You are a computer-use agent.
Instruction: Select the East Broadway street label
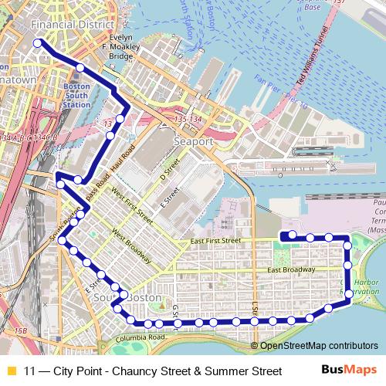[x=291, y=269]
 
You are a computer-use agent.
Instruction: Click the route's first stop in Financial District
[x=38, y=43]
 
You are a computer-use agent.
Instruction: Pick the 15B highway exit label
[x=21, y=331]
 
